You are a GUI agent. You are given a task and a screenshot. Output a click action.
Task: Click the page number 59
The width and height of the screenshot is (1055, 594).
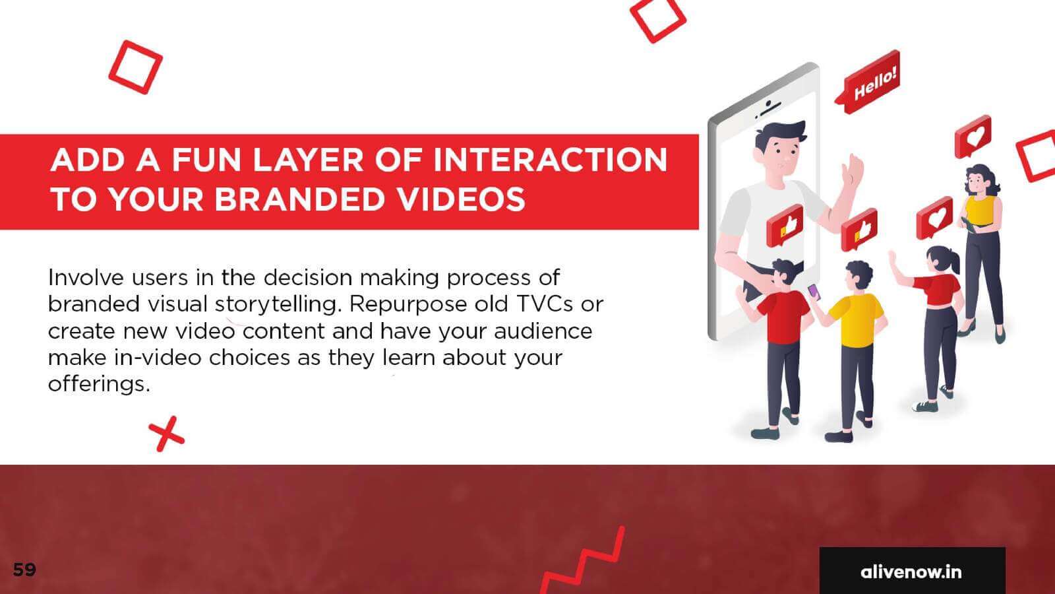[x=24, y=570]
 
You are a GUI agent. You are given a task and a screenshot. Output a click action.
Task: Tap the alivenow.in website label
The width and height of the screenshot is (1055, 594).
[x=911, y=572]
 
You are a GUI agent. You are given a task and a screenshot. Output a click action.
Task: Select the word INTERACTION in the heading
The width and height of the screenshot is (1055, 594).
[x=550, y=160]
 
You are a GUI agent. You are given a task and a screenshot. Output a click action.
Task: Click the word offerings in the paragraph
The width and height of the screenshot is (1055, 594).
[x=99, y=384]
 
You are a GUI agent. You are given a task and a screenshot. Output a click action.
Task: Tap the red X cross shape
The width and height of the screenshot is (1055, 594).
[x=166, y=434]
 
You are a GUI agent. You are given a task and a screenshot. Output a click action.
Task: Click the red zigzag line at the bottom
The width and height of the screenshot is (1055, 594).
[x=584, y=560]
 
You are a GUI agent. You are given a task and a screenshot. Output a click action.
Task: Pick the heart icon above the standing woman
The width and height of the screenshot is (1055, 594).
[x=973, y=137]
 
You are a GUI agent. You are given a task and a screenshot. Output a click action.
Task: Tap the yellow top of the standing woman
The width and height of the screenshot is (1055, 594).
[x=980, y=211]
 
